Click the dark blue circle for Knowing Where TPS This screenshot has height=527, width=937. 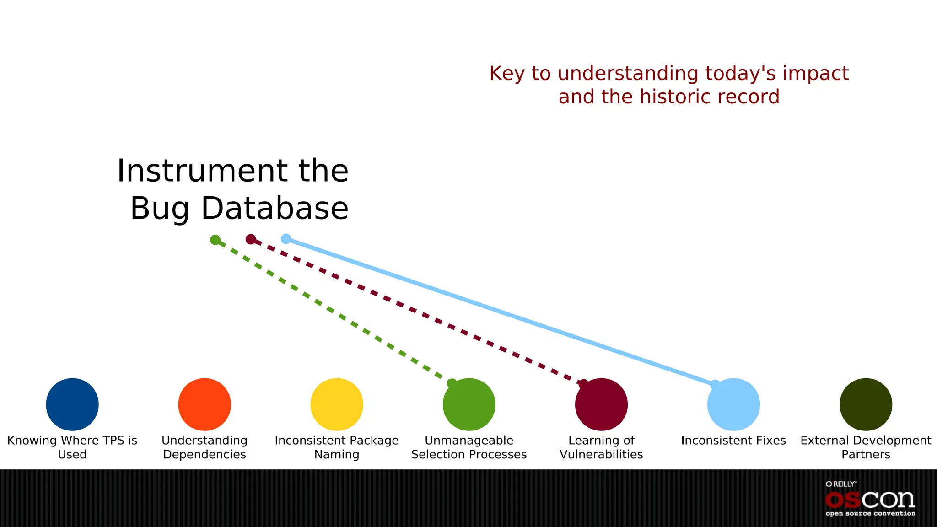[x=72, y=404]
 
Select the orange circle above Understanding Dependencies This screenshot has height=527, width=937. [x=205, y=404]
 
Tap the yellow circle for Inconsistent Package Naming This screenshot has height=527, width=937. [x=337, y=404]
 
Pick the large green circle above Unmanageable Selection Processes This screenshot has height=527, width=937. [x=469, y=404]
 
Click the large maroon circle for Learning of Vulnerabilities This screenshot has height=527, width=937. [x=601, y=404]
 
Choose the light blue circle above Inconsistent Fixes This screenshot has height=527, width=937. [x=733, y=404]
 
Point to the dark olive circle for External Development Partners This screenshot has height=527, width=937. [x=866, y=404]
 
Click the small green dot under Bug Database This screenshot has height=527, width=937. [x=215, y=240]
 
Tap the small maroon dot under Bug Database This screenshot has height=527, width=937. [x=251, y=239]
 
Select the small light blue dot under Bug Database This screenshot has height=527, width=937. [x=286, y=238]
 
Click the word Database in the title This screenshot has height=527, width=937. [x=275, y=208]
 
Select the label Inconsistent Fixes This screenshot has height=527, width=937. [x=733, y=440]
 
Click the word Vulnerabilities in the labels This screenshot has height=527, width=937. [x=601, y=454]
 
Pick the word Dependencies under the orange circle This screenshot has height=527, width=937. [x=205, y=454]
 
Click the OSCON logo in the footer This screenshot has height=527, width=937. [x=870, y=500]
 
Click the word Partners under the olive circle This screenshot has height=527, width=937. [x=866, y=454]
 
